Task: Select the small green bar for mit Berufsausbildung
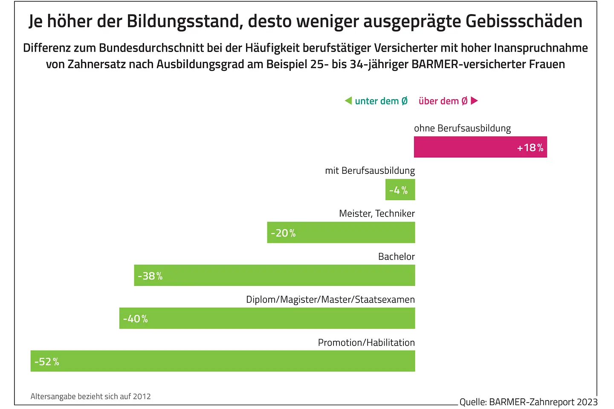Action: coord(400,190)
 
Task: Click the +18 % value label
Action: coord(530,147)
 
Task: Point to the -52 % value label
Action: coord(46,362)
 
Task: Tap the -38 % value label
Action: coord(150,276)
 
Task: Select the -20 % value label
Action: coord(283,233)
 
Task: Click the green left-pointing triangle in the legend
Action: coord(348,101)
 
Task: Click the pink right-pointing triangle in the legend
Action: coord(474,101)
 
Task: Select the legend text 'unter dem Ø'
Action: coord(381,101)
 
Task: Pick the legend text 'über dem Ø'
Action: coord(443,101)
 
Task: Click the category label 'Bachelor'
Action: coord(396,256)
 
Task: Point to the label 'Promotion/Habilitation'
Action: coord(366,343)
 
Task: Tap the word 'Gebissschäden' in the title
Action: coord(524,21)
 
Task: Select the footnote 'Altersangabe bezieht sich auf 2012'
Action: coord(91,396)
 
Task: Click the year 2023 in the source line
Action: coord(587,402)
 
